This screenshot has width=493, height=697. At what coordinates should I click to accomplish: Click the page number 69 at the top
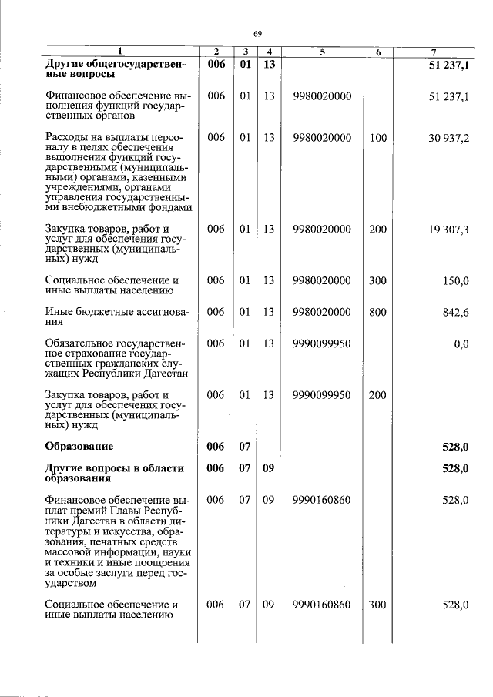click(257, 32)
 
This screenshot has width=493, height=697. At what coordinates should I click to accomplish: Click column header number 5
click(322, 52)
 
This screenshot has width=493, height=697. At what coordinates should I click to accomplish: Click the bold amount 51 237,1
click(448, 65)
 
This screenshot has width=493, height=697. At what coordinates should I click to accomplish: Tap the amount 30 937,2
click(448, 138)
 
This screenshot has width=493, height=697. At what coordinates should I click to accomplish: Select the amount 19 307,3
click(448, 229)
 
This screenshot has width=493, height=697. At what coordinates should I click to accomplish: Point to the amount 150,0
click(455, 281)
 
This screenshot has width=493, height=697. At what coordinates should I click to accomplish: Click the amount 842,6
click(455, 312)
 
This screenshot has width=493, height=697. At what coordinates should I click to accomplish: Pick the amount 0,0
click(461, 343)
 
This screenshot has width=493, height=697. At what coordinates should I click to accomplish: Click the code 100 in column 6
click(377, 138)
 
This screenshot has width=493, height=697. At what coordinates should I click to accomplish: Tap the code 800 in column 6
click(377, 312)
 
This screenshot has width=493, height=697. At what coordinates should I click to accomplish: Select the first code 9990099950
click(322, 343)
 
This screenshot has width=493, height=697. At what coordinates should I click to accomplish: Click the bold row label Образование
click(79, 447)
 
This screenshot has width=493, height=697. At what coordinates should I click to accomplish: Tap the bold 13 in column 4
click(268, 65)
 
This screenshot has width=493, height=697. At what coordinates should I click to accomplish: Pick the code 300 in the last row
click(377, 605)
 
